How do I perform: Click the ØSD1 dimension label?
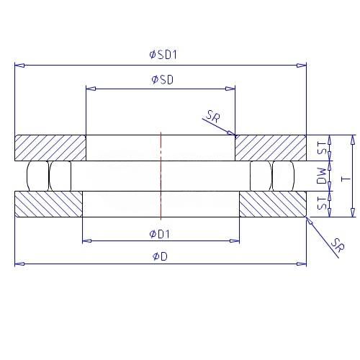click(x=163, y=55)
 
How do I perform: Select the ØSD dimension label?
click(x=163, y=80)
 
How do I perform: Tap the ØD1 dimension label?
click(x=160, y=234)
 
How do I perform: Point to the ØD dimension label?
click(x=160, y=256)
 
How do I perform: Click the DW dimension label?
click(x=322, y=176)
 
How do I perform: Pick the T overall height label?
click(x=346, y=179)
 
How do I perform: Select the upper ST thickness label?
click(x=322, y=148)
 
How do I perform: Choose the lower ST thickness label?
click(x=322, y=203)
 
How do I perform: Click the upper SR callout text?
click(x=213, y=116)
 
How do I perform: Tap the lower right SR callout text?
click(x=338, y=246)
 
